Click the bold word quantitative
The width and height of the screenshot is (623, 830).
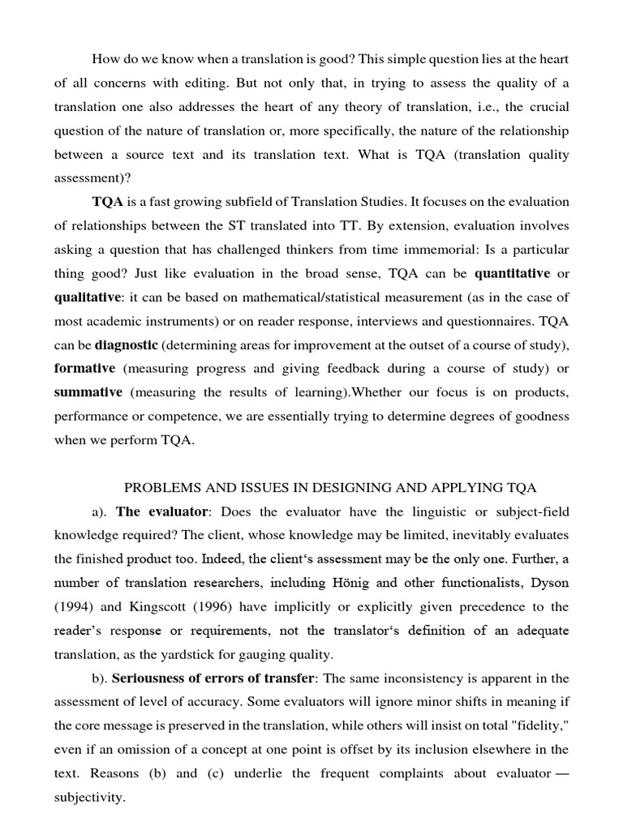pos(512,273)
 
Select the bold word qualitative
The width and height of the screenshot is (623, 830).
pos(87,297)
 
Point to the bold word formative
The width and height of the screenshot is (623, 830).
pos(84,368)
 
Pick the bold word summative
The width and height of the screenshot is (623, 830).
pos(88,392)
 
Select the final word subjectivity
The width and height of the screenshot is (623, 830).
pos(89,798)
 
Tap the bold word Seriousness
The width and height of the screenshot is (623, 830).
pos(150,678)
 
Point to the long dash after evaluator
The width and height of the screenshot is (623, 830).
pos(559,773)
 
